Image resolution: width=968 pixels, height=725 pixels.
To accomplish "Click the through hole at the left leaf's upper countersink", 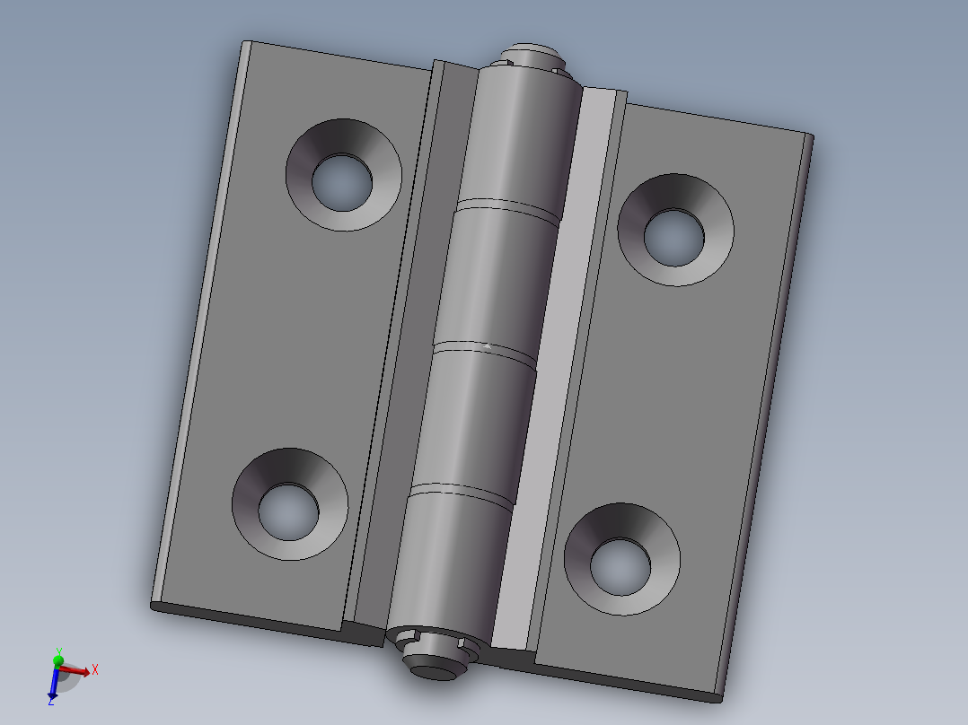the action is tap(342, 183).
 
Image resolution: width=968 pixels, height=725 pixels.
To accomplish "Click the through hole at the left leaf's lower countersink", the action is tap(288, 512).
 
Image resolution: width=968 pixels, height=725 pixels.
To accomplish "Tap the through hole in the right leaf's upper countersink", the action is tap(674, 238).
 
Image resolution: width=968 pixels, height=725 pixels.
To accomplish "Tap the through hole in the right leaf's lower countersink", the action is tap(620, 567).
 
